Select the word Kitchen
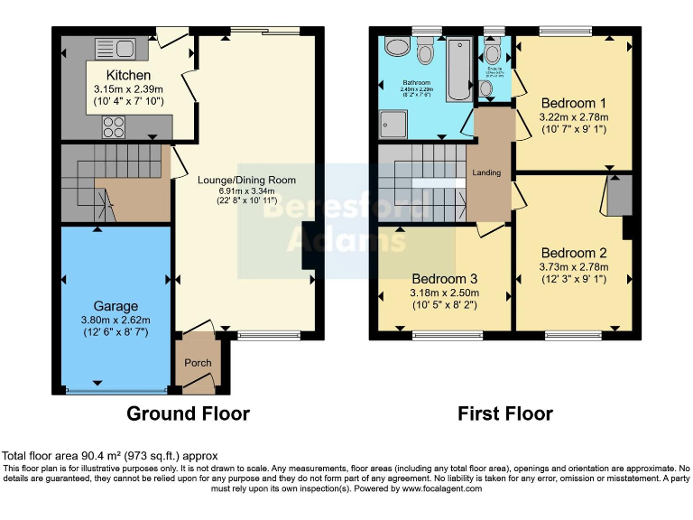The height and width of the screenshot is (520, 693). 128,75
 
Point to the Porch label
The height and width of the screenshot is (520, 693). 198,363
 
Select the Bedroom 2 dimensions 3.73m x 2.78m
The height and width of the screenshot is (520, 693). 574,266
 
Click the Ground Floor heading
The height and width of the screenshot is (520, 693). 188,413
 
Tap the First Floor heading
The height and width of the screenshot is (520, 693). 504,413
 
